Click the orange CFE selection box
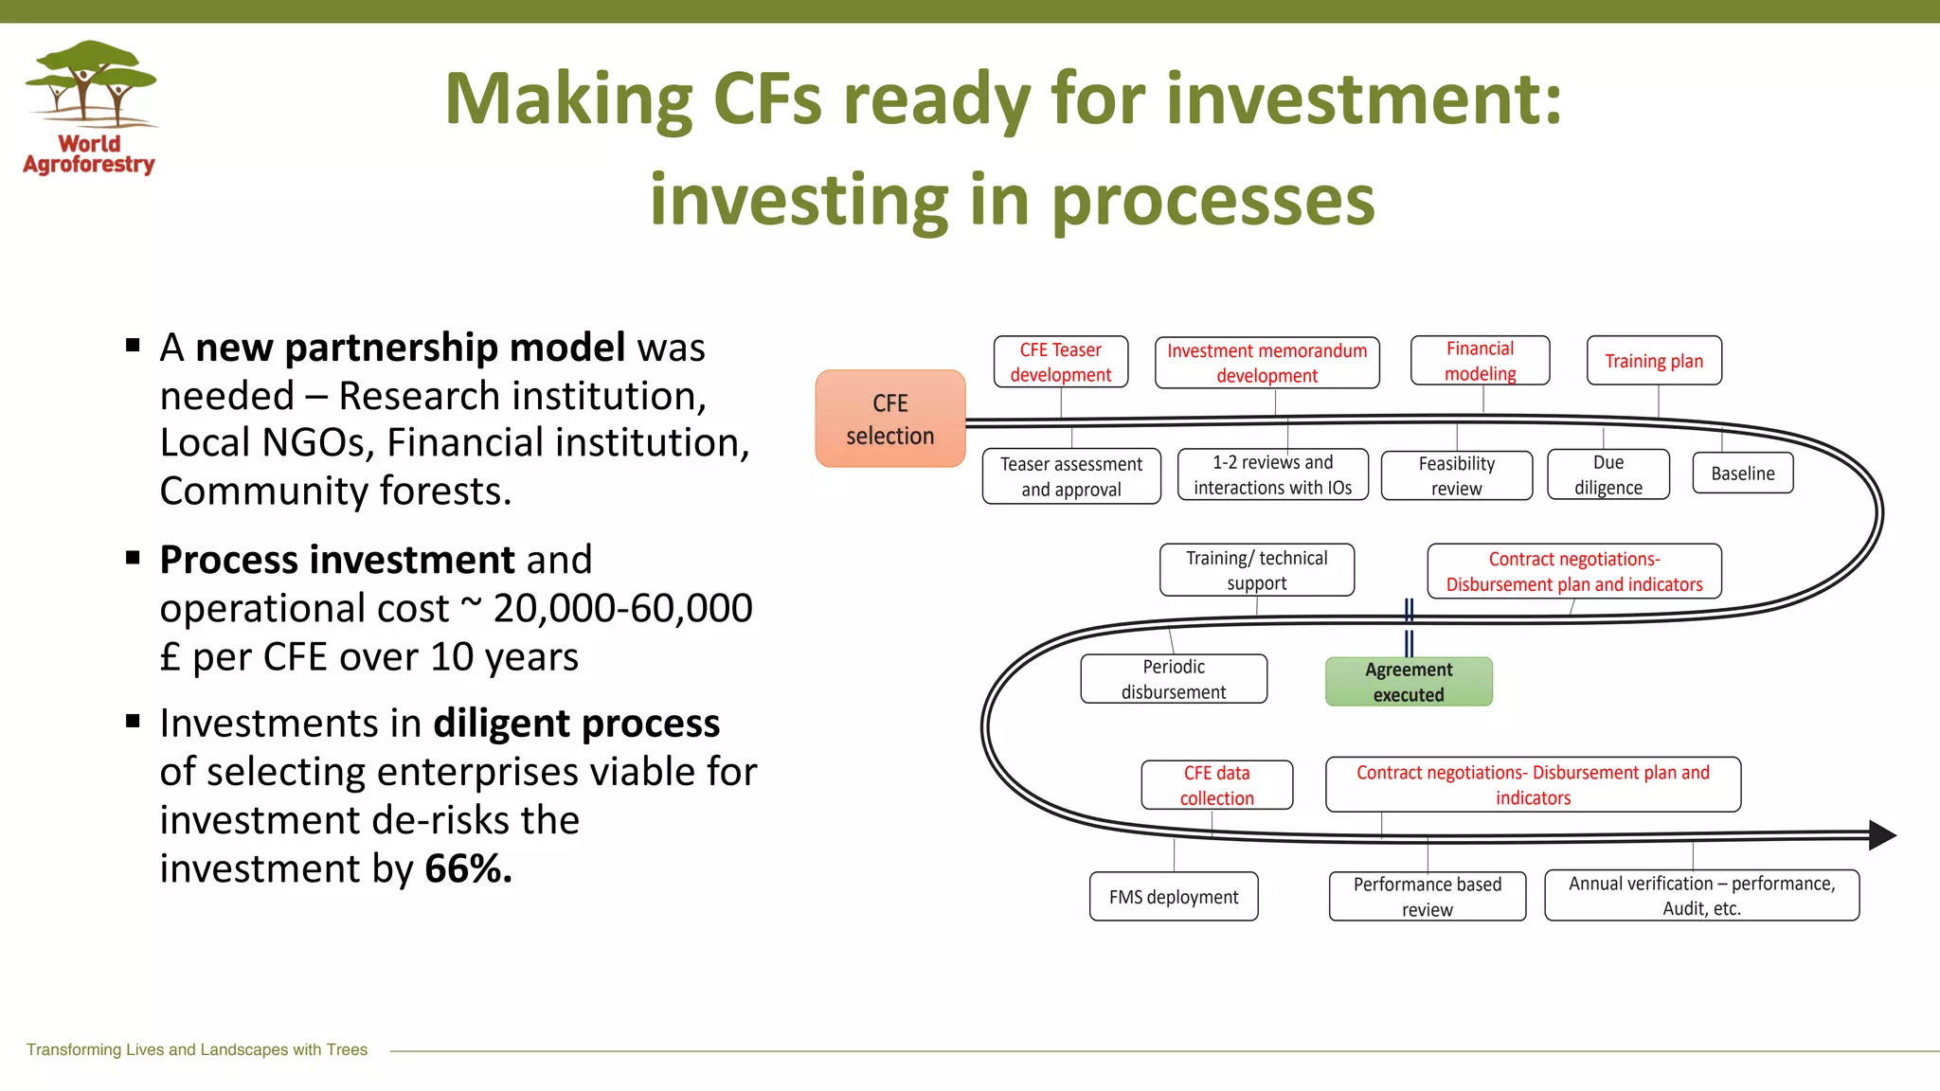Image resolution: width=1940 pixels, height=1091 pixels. click(889, 419)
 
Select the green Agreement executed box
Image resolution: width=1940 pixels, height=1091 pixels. click(1409, 682)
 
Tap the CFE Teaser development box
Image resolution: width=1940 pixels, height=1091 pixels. click(1060, 362)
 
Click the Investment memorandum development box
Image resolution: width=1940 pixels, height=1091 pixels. click(1266, 363)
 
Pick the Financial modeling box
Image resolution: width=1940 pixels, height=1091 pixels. click(1480, 361)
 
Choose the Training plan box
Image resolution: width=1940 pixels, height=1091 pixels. click(1654, 361)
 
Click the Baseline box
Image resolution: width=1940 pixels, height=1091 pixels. click(1743, 474)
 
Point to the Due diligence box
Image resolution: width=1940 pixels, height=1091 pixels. click(1608, 474)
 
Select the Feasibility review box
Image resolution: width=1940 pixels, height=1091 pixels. click(1456, 475)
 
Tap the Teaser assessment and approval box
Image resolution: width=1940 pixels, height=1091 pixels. click(1070, 476)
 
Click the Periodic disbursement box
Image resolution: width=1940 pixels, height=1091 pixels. click(1173, 679)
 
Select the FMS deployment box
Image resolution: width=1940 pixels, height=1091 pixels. click(1173, 897)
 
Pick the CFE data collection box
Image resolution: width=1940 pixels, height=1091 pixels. click(1216, 785)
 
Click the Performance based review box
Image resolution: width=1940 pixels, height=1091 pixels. click(1427, 896)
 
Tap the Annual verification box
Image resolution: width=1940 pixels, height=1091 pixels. click(1701, 895)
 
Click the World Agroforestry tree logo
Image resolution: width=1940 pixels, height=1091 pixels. click(90, 85)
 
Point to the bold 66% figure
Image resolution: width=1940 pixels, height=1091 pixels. click(468, 868)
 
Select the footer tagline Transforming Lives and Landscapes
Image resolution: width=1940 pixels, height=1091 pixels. click(197, 1049)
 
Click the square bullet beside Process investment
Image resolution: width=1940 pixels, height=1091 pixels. click(133, 557)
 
